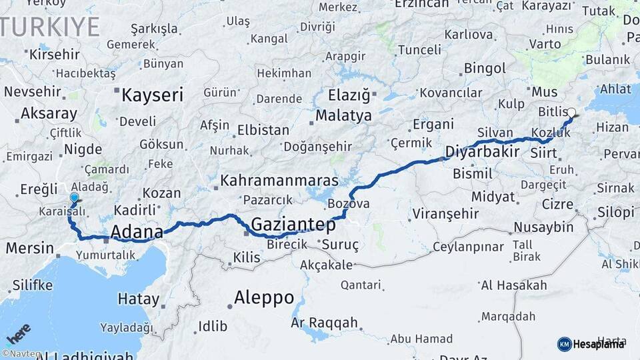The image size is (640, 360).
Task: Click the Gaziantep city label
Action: pos(293,225)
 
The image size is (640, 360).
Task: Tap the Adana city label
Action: pos(137,232)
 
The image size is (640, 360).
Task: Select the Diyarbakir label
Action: pos(482,151)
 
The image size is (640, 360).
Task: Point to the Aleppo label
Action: pos(264,297)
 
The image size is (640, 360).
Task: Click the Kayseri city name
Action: pos(152,95)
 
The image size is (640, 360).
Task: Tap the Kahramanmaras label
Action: pos(279,181)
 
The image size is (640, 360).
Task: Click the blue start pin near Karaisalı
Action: pos(74,198)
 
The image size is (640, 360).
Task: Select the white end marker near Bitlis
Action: pos(571,113)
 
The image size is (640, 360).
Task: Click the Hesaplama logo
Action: pos(591,344)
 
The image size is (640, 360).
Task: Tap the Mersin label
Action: pos(30,249)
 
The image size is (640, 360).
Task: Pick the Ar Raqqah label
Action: pos(325,323)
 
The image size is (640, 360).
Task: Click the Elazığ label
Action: pos(349,95)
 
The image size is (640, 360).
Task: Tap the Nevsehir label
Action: pos(33,91)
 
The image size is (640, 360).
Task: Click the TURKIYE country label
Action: pos(50,27)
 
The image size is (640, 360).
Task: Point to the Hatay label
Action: pos(139,298)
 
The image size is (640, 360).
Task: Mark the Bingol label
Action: pos(485,68)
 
